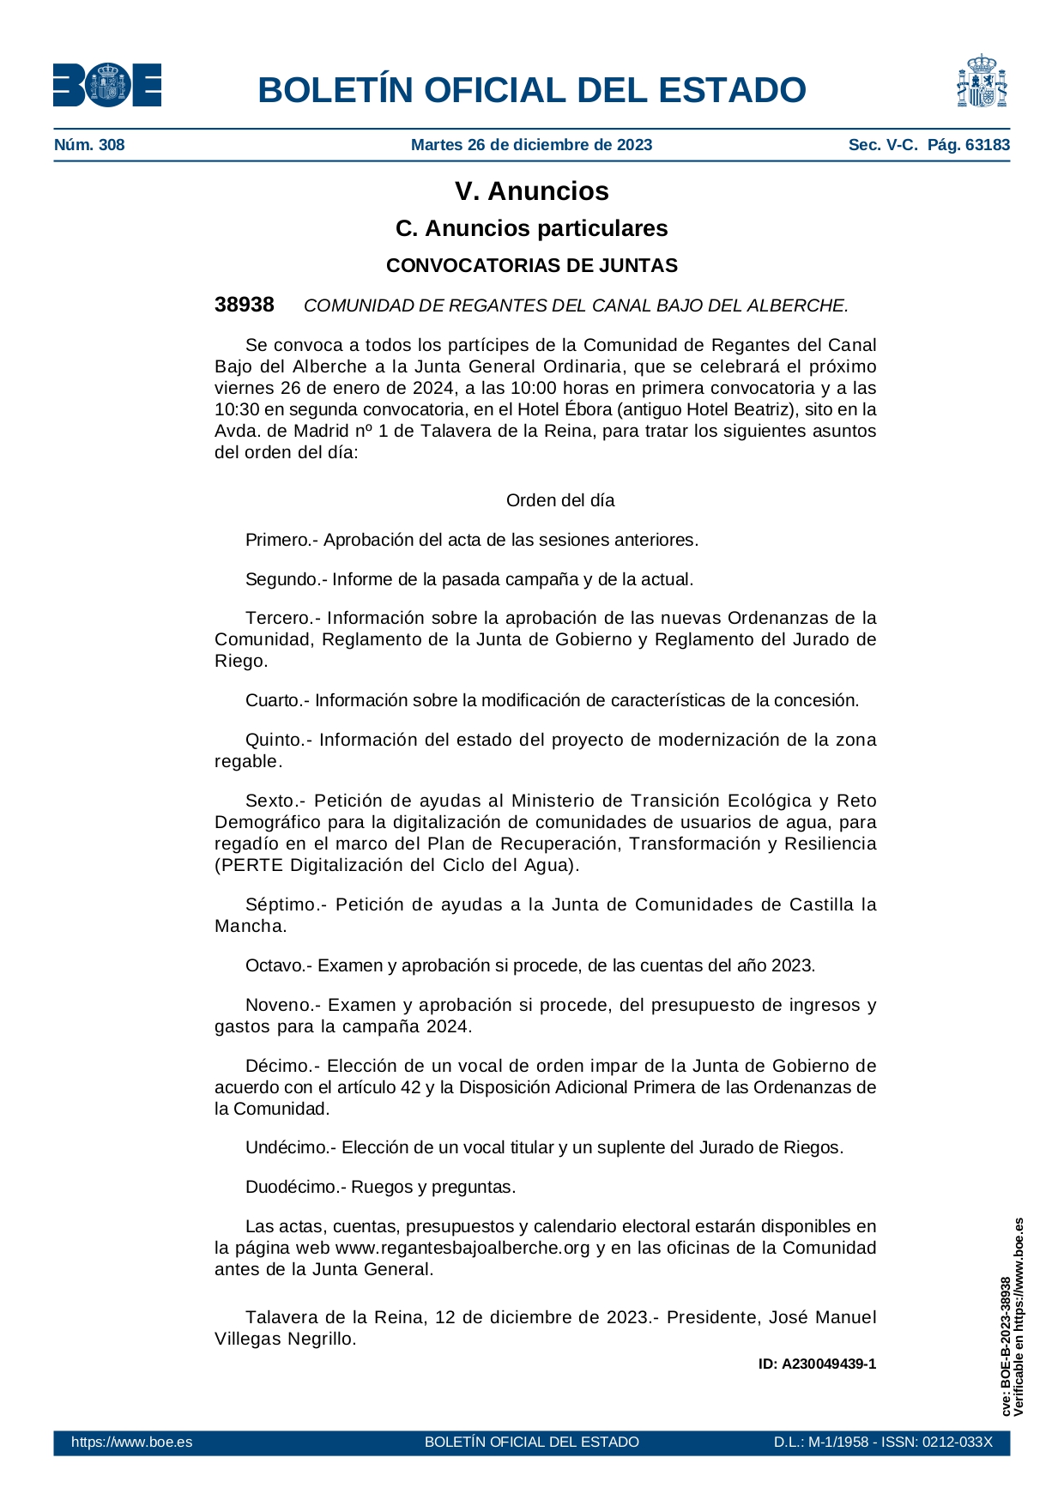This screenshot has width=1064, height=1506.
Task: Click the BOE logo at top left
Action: coord(107,86)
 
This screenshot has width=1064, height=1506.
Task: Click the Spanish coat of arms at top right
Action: coord(982,82)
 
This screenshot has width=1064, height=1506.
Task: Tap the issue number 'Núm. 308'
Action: coord(89,145)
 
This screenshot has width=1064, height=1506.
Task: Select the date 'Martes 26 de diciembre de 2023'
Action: coord(531,145)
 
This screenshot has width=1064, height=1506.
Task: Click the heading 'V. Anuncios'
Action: coord(531,191)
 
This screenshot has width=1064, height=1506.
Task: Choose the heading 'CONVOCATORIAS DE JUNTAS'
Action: coord(531,266)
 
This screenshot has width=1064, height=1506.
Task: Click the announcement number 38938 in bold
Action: coord(245,305)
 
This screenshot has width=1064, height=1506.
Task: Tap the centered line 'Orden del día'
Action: coord(560,500)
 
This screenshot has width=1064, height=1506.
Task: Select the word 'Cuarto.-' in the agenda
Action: coord(277,700)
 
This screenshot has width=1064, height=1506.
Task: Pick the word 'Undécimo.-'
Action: coord(291,1147)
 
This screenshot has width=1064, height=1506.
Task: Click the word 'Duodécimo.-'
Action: coord(295,1187)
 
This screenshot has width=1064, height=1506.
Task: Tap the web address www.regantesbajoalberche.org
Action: coord(462,1248)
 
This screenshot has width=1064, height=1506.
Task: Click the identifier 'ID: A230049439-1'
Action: coord(817,1364)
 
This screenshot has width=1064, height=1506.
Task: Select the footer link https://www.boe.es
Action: coord(131,1442)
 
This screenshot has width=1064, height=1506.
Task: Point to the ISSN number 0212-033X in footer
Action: coord(957,1442)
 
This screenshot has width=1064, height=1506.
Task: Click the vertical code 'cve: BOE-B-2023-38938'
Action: coord(1005,1346)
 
